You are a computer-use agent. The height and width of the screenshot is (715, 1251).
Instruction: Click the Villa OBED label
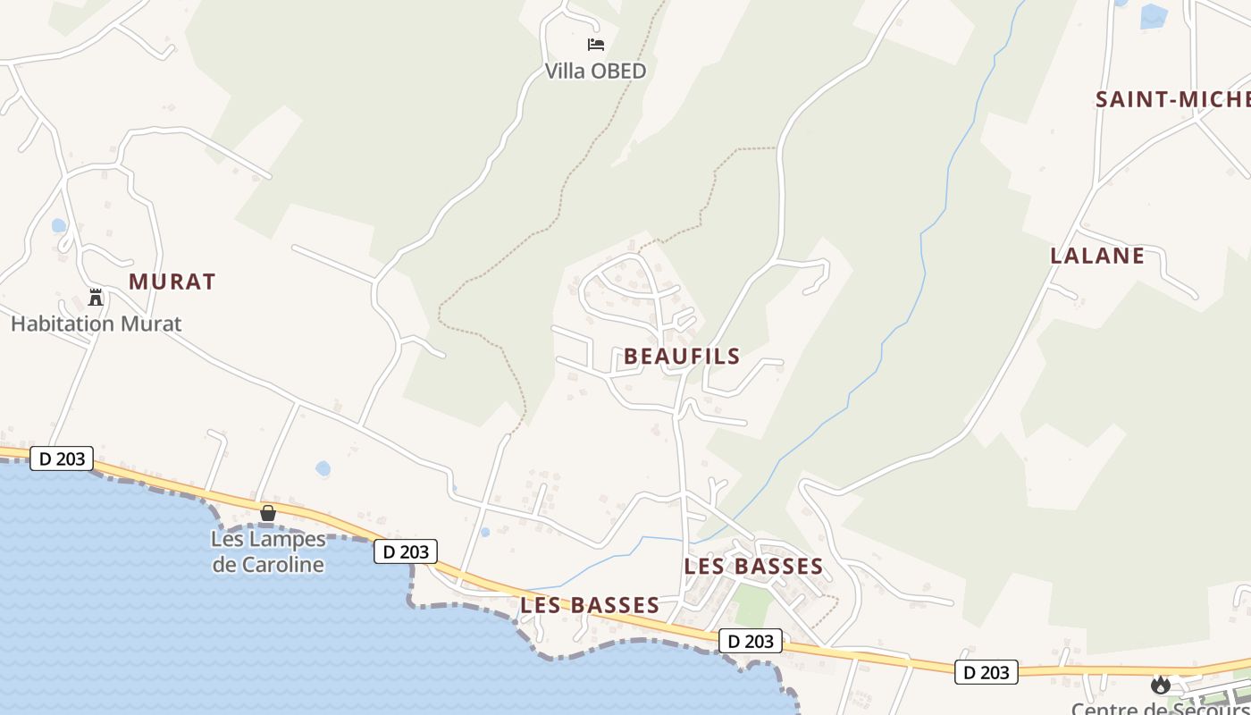tap(595, 71)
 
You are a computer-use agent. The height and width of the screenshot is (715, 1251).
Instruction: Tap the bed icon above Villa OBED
tap(595, 44)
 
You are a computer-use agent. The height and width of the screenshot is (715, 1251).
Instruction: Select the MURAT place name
tap(172, 282)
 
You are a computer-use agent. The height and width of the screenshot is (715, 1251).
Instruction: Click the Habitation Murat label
tap(96, 324)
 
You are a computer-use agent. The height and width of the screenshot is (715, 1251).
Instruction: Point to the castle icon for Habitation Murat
tap(96, 298)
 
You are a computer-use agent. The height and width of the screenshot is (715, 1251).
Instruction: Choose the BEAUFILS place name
tap(682, 357)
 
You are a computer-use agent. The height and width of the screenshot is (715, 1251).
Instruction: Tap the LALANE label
tap(1097, 256)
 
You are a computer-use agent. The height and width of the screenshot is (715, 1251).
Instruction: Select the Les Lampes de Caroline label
tap(268, 551)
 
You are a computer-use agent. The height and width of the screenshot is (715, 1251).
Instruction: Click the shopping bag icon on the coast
tap(267, 513)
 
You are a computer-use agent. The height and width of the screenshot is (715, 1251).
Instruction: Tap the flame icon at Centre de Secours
tap(1161, 685)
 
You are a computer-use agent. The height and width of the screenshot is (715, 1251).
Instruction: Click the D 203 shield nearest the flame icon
tap(987, 672)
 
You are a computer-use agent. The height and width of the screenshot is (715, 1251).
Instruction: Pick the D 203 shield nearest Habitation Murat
tap(62, 458)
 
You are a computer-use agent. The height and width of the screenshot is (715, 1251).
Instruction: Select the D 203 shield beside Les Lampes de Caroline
tap(406, 551)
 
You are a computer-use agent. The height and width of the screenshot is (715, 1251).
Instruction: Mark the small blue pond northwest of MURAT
tap(59, 225)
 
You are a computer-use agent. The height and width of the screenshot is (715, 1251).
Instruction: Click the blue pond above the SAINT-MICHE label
tap(1153, 16)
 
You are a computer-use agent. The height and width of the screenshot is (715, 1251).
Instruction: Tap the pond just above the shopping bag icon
tap(323, 468)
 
